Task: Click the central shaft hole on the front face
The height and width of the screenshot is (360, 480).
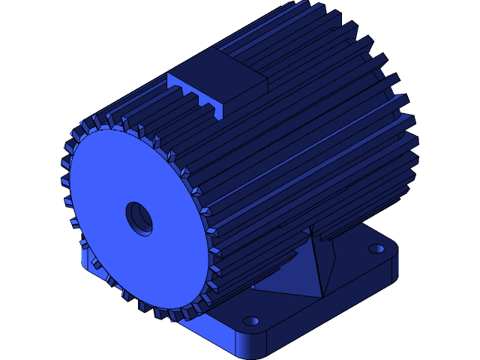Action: [x=139, y=217]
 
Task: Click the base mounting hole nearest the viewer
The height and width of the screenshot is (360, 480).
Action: [x=250, y=321]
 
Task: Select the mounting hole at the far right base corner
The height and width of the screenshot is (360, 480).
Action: [x=376, y=248]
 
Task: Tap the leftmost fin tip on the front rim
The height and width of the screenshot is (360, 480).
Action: [x=64, y=163]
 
